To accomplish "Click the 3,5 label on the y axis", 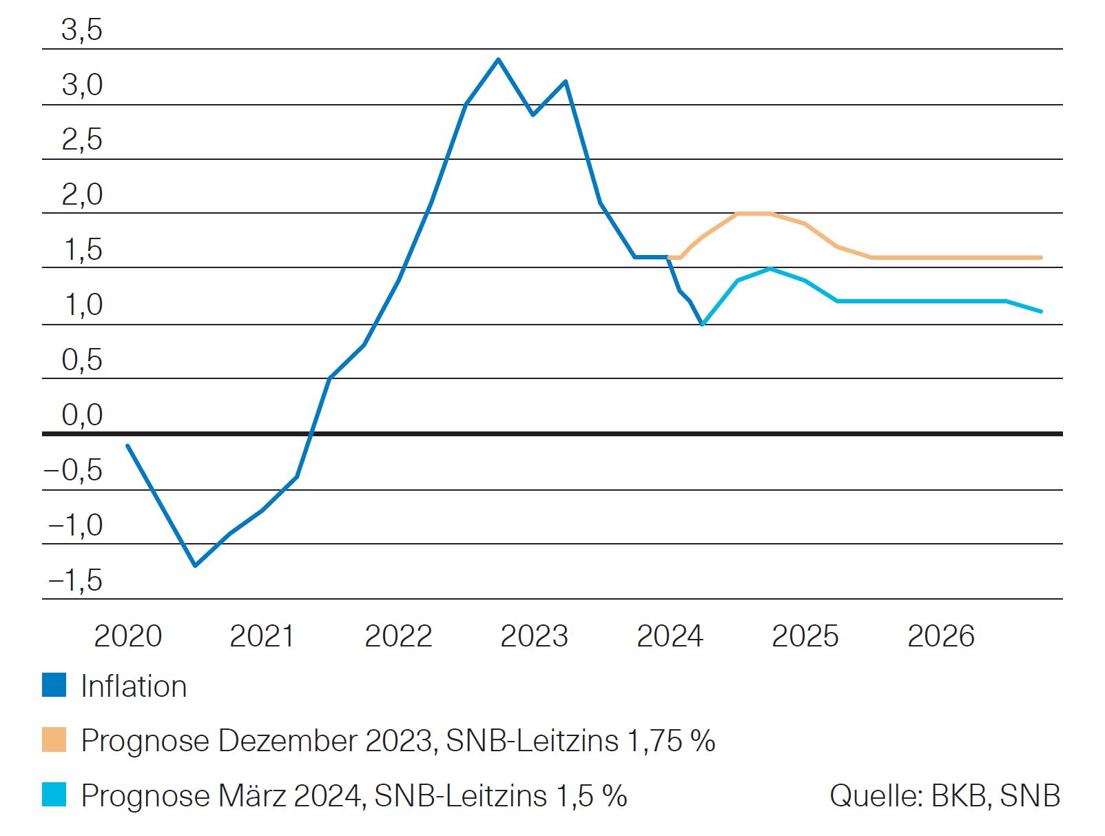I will [81, 30].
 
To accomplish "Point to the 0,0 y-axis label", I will [81, 416].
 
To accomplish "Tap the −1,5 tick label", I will [74, 581].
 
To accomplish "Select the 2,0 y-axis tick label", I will [81, 195].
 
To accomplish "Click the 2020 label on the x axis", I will [127, 636].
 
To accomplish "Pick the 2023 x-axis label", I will [534, 636].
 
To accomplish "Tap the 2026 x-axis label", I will [941, 636].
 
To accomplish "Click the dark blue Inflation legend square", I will [54, 686].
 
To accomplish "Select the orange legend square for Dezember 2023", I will [54, 740].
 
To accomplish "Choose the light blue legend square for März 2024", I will [54, 795].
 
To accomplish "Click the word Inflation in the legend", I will [134, 686].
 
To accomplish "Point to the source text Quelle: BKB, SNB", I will [944, 795].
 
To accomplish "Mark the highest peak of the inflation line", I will [498, 59].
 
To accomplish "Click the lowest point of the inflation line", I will [195, 566].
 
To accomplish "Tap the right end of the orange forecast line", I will [1040, 258].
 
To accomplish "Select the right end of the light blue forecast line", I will [1040, 312].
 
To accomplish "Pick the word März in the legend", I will [251, 795].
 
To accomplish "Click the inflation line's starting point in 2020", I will [127, 446].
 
